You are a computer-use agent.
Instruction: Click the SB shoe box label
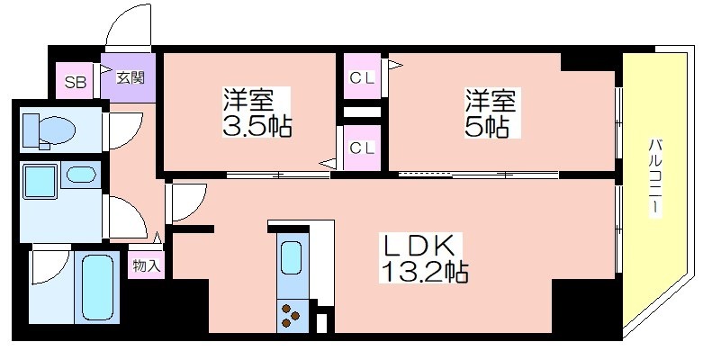[75, 82]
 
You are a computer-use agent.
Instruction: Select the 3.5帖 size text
[257, 123]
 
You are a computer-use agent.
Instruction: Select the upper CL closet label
[363, 77]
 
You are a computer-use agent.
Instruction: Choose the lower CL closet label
[363, 147]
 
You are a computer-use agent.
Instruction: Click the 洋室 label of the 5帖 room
[487, 97]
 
